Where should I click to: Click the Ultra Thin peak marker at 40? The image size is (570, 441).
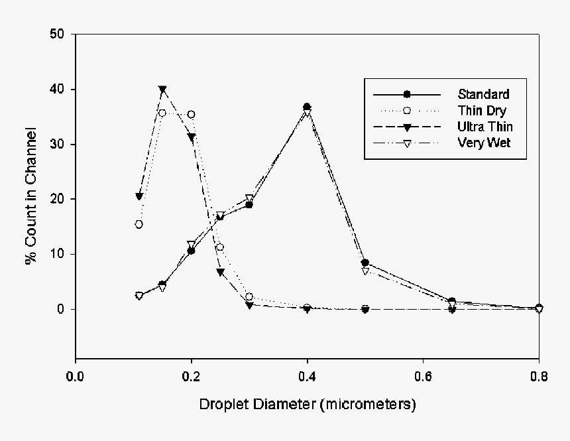[162, 90]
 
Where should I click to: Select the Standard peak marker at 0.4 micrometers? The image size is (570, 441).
[307, 107]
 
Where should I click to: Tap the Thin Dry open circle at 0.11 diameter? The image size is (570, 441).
[139, 224]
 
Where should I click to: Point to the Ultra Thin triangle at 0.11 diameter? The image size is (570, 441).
[139, 196]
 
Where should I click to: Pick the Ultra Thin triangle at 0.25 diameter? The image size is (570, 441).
[220, 272]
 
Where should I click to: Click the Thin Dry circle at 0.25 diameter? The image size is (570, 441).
[220, 247]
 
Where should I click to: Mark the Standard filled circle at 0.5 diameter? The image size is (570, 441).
[365, 263]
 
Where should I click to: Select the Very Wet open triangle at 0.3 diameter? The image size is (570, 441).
[249, 198]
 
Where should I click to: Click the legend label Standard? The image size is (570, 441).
[484, 94]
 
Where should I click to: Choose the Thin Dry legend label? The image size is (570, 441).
[482, 110]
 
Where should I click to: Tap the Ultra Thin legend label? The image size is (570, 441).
[484, 126]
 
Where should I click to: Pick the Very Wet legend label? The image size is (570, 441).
[484, 142]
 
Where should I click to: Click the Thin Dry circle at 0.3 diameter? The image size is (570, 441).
[249, 297]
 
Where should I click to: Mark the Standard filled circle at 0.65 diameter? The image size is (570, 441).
[452, 302]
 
